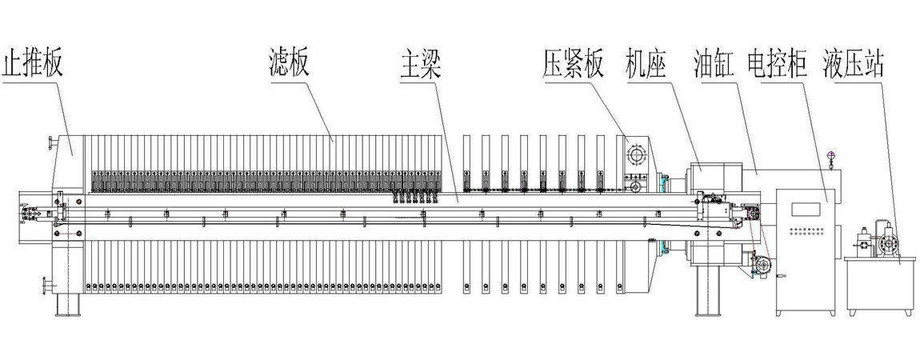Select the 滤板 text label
point(289,63)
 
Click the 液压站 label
point(854,63)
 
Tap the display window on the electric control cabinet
point(806,210)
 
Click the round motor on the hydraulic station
point(888,243)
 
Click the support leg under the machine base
point(707,292)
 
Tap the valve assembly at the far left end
point(29,214)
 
